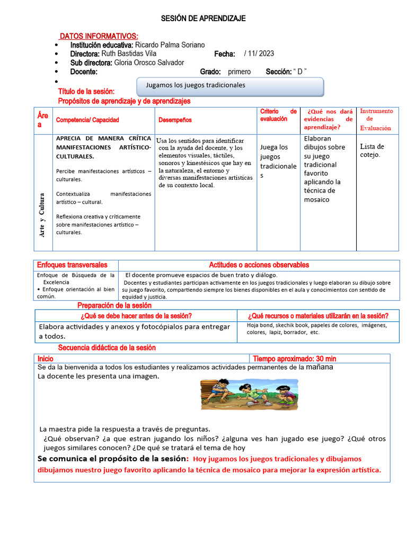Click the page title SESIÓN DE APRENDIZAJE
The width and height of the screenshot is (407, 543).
click(x=203, y=19)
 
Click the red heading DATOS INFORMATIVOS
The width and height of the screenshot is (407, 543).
click(x=99, y=36)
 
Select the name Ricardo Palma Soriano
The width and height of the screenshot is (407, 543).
click(x=170, y=45)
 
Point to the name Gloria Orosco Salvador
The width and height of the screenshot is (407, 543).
click(x=149, y=63)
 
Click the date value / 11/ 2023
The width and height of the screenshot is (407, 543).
click(x=259, y=54)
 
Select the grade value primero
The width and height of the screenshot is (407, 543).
click(x=240, y=72)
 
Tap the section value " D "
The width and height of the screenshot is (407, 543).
click(x=300, y=72)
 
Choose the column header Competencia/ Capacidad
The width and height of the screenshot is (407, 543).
click(x=87, y=120)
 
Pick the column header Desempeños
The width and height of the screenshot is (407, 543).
click(x=175, y=120)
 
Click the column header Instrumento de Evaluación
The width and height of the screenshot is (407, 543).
click(x=377, y=119)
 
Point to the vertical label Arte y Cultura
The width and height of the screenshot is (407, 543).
click(x=42, y=215)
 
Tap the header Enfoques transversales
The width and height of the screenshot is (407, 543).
click(x=72, y=265)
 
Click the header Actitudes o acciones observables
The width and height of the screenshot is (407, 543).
click(x=259, y=265)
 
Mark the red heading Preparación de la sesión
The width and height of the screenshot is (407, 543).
click(x=114, y=305)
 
